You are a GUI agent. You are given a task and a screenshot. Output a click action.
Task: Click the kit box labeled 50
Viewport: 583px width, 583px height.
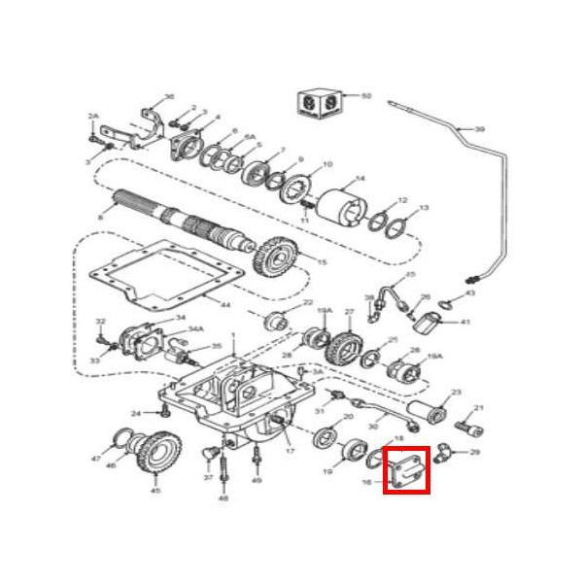(x=318, y=101)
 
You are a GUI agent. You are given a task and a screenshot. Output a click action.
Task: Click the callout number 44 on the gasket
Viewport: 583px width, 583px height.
(x=224, y=305)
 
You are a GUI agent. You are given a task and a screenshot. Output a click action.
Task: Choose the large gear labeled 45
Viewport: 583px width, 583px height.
(x=159, y=455)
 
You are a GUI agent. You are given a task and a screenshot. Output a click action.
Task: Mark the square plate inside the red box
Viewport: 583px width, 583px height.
(x=406, y=471)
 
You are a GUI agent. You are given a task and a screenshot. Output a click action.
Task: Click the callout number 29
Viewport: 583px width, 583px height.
(x=475, y=452)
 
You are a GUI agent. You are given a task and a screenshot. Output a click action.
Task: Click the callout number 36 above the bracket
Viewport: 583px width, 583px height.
(x=169, y=96)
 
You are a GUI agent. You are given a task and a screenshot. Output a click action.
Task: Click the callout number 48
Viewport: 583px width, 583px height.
(x=223, y=498)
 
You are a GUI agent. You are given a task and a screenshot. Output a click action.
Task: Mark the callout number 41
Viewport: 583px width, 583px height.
(x=464, y=322)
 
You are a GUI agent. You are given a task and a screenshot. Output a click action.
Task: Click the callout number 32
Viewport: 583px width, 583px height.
(x=100, y=321)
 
